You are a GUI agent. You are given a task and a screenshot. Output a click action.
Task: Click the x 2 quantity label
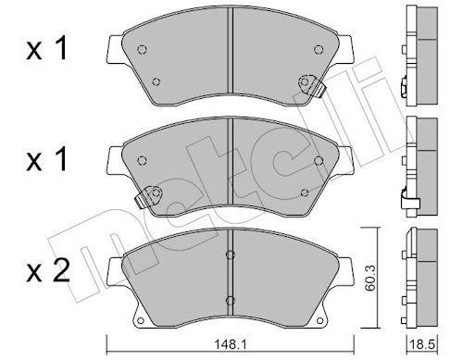click(48, 272)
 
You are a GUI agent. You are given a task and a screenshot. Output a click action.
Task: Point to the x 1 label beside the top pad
click(46, 50)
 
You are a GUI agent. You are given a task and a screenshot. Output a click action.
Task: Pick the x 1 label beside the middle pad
click(46, 160)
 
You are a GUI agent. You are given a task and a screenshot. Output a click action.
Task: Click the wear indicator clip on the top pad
click(311, 85)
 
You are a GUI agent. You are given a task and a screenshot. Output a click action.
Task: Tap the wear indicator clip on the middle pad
click(149, 196)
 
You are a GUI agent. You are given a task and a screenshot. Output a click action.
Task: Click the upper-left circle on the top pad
click(142, 49)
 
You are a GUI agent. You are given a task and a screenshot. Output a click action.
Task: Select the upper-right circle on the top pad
click(319, 49)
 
